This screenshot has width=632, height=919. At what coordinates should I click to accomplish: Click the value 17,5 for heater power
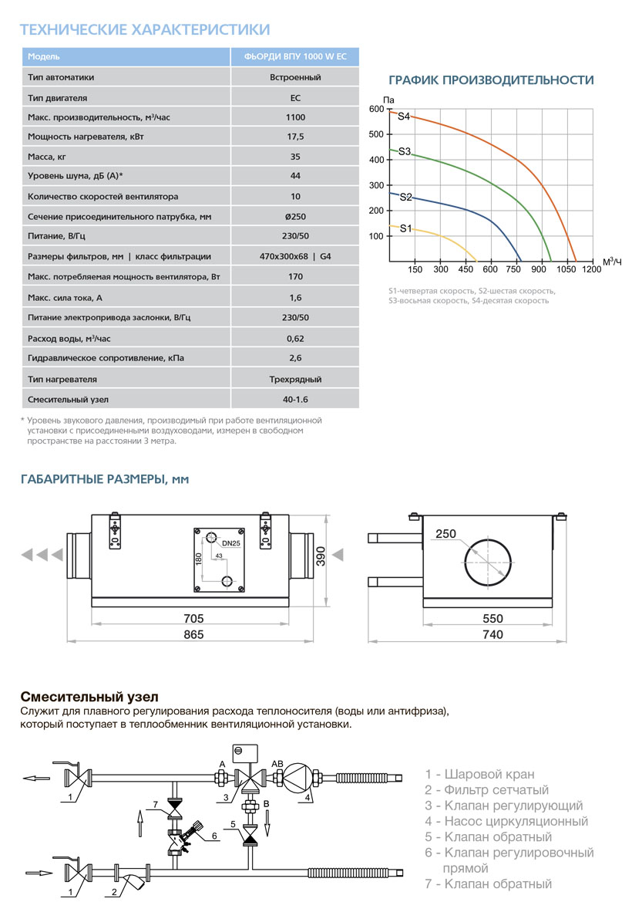coord(295,137)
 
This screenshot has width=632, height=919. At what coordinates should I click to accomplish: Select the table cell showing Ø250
coord(295,217)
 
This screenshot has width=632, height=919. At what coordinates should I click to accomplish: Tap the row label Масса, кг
coord(47,157)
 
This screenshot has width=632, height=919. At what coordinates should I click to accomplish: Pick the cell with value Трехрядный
coord(295,380)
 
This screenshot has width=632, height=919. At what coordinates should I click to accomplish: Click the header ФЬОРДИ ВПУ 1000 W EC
coord(295,56)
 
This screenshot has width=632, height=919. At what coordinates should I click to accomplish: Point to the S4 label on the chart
coord(404,117)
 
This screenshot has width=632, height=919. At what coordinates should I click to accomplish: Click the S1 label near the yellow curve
coord(405,228)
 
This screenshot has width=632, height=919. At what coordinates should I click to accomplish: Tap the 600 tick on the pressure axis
coord(375,109)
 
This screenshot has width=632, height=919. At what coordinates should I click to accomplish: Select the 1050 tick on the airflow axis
coord(566,269)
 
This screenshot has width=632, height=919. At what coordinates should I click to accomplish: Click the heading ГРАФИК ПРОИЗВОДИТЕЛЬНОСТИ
coord(491,80)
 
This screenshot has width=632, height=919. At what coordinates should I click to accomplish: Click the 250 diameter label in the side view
coord(445,533)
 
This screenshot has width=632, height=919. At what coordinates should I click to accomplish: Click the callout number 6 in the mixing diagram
coord(215,836)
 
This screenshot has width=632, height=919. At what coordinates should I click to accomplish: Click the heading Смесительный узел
coord(89,697)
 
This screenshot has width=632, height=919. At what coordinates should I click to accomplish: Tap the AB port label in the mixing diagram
coord(277,763)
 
